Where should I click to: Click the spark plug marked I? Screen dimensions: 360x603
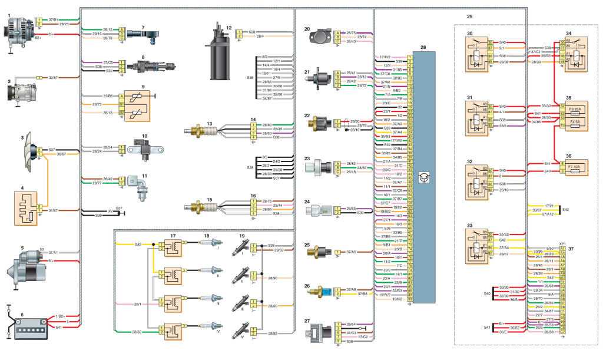[213, 244]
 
